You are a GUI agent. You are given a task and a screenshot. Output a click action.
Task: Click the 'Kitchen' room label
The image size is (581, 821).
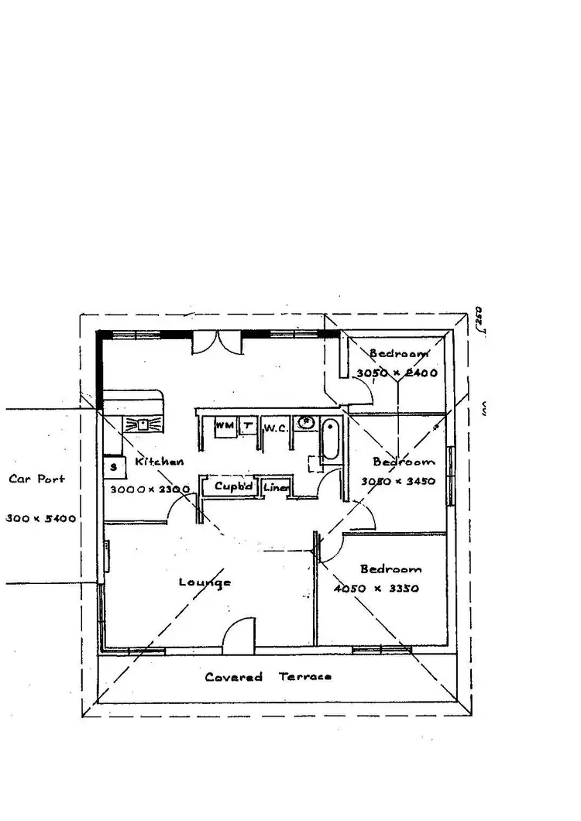tap(160, 462)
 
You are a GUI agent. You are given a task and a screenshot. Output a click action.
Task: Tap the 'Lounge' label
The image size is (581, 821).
tap(205, 582)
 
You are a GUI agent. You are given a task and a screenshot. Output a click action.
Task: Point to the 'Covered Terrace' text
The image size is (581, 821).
tap(268, 677)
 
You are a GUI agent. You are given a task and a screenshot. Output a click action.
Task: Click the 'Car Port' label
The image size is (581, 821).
tap(36, 479)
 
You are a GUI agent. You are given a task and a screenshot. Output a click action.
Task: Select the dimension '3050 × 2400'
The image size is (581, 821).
tap(397, 373)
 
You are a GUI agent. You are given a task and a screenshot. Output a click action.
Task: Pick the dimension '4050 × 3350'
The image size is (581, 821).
tap(376, 588)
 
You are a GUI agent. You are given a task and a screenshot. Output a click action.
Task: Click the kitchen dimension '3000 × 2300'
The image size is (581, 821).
tap(150, 490)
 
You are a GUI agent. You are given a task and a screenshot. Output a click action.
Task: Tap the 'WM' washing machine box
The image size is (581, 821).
tap(224, 425)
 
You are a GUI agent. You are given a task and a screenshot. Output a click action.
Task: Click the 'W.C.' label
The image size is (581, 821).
tap(276, 428)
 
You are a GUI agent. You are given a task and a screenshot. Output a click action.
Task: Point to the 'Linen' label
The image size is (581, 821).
tap(276, 488)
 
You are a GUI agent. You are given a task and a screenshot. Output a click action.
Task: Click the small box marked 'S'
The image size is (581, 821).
tap(114, 467)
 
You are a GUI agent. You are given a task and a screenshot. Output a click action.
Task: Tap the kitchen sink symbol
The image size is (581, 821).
tap(142, 424)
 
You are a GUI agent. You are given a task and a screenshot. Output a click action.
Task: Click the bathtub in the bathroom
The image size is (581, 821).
tap(331, 441)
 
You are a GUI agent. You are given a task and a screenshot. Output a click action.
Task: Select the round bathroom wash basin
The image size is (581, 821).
tap(307, 423)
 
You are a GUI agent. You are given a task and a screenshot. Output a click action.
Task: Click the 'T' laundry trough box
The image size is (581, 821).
tap(247, 425)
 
